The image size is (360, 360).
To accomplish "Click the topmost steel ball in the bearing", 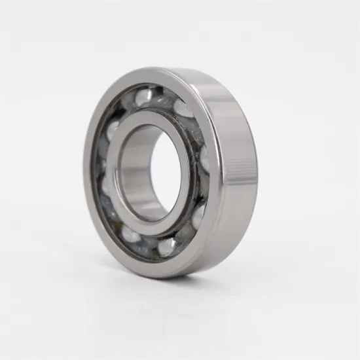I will (143, 96).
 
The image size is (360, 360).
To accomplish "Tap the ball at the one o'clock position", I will (183, 108).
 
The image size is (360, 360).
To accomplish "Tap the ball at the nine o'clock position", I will (105, 185).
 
